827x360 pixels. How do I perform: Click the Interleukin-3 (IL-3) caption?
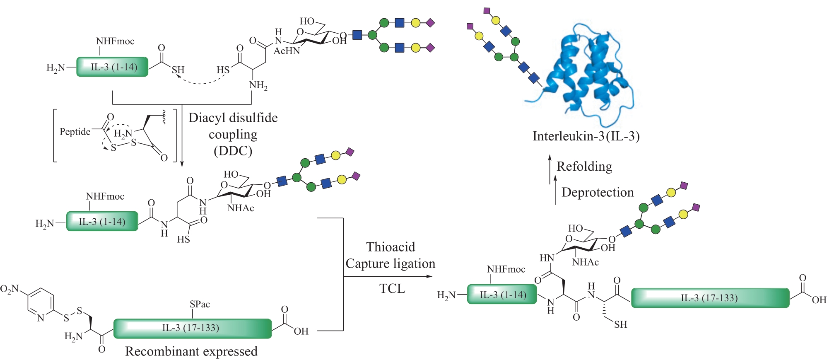pyautogui.click(x=586, y=136)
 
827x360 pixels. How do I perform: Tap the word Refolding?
pyautogui.click(x=584, y=167)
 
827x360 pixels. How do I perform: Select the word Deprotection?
pyautogui.click(x=597, y=192)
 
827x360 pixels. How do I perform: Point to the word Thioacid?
pyautogui.click(x=390, y=247)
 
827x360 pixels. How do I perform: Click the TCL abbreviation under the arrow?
pyautogui.click(x=392, y=288)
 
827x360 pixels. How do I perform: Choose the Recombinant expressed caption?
pyautogui.click(x=191, y=351)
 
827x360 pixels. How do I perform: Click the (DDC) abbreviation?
pyautogui.click(x=233, y=151)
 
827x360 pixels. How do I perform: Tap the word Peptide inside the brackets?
pyautogui.click(x=75, y=132)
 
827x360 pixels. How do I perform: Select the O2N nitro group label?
pyautogui.click(x=10, y=289)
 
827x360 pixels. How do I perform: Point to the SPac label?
pyautogui.click(x=200, y=304)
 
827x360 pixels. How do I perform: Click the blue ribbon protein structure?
pyautogui.click(x=588, y=75)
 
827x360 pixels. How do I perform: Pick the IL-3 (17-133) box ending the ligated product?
pyautogui.click(x=710, y=298)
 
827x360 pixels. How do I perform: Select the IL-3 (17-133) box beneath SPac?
pyautogui.click(x=192, y=328)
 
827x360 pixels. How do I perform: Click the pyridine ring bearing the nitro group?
pyautogui.click(x=41, y=304)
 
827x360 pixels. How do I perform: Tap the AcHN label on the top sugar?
pyautogui.click(x=287, y=51)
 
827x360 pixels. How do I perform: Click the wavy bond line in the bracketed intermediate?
pyautogui.click(x=164, y=117)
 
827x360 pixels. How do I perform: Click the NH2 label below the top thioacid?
pyautogui.click(x=258, y=85)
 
